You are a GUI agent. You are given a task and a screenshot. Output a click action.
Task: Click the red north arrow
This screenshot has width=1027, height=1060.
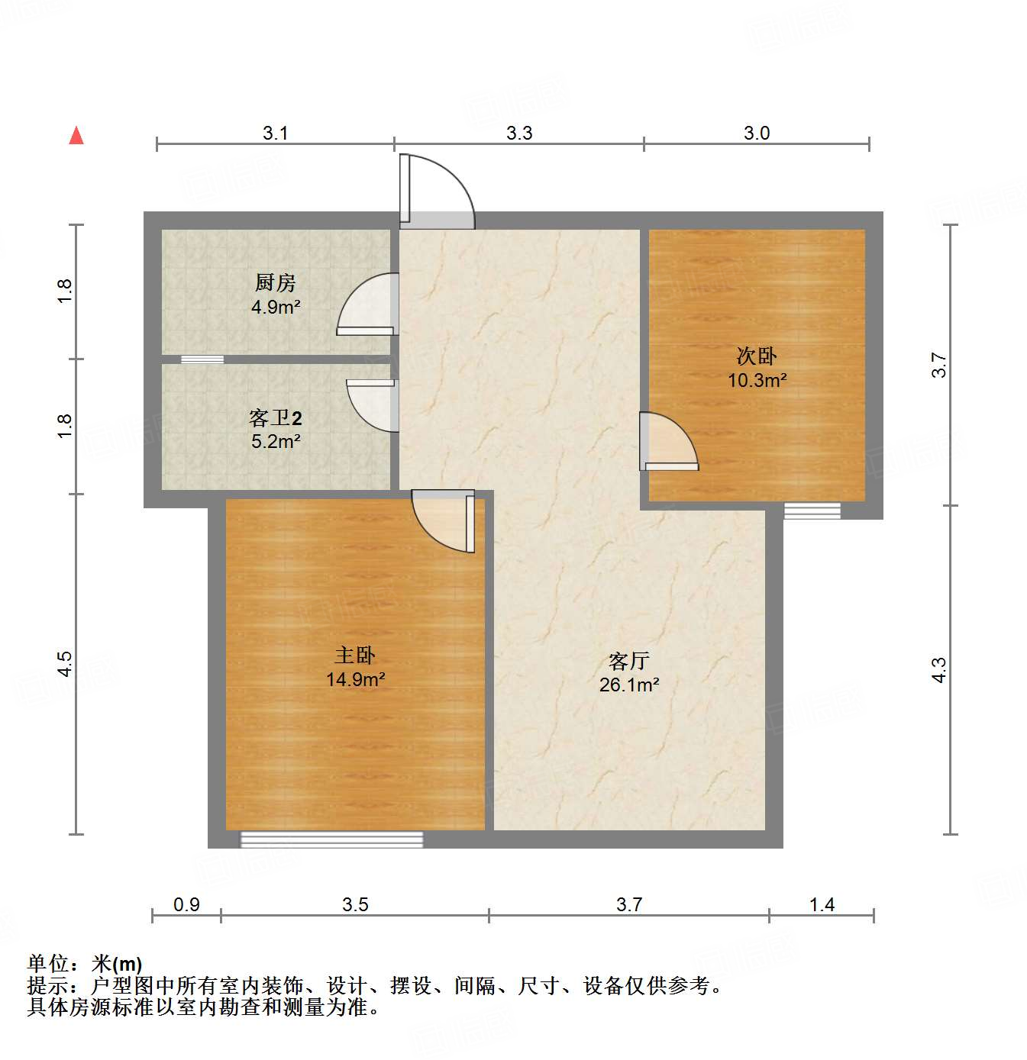click(76, 135)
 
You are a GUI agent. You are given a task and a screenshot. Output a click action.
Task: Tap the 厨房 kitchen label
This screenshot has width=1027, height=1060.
click(275, 283)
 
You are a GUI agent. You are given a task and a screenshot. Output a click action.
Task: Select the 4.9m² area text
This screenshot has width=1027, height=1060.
click(275, 308)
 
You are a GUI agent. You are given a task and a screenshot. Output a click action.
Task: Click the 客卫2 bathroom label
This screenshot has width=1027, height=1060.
click(275, 418)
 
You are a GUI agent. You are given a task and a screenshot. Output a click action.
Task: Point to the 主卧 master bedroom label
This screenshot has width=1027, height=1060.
click(355, 656)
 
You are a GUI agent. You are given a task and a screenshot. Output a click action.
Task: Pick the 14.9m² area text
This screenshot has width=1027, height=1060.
click(355, 679)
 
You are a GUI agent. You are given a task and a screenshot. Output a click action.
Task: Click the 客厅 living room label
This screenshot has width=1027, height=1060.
click(629, 661)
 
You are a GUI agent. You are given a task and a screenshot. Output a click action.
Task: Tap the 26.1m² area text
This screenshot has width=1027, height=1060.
click(629, 685)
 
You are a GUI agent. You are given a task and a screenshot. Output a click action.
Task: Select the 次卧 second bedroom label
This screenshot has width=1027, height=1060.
click(757, 356)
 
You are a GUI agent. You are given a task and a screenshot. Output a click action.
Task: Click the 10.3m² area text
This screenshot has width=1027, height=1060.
click(757, 380)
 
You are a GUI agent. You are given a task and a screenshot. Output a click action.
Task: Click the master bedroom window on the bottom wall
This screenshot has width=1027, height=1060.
click(331, 839)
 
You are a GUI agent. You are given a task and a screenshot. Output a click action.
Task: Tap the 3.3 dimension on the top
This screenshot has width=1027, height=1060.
click(519, 134)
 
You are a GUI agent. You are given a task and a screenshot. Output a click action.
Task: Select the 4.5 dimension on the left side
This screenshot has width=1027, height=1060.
click(66, 664)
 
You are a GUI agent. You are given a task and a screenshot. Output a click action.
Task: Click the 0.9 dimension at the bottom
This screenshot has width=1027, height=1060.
click(186, 905)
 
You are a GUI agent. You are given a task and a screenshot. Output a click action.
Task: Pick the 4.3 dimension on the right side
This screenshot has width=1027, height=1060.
click(939, 670)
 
